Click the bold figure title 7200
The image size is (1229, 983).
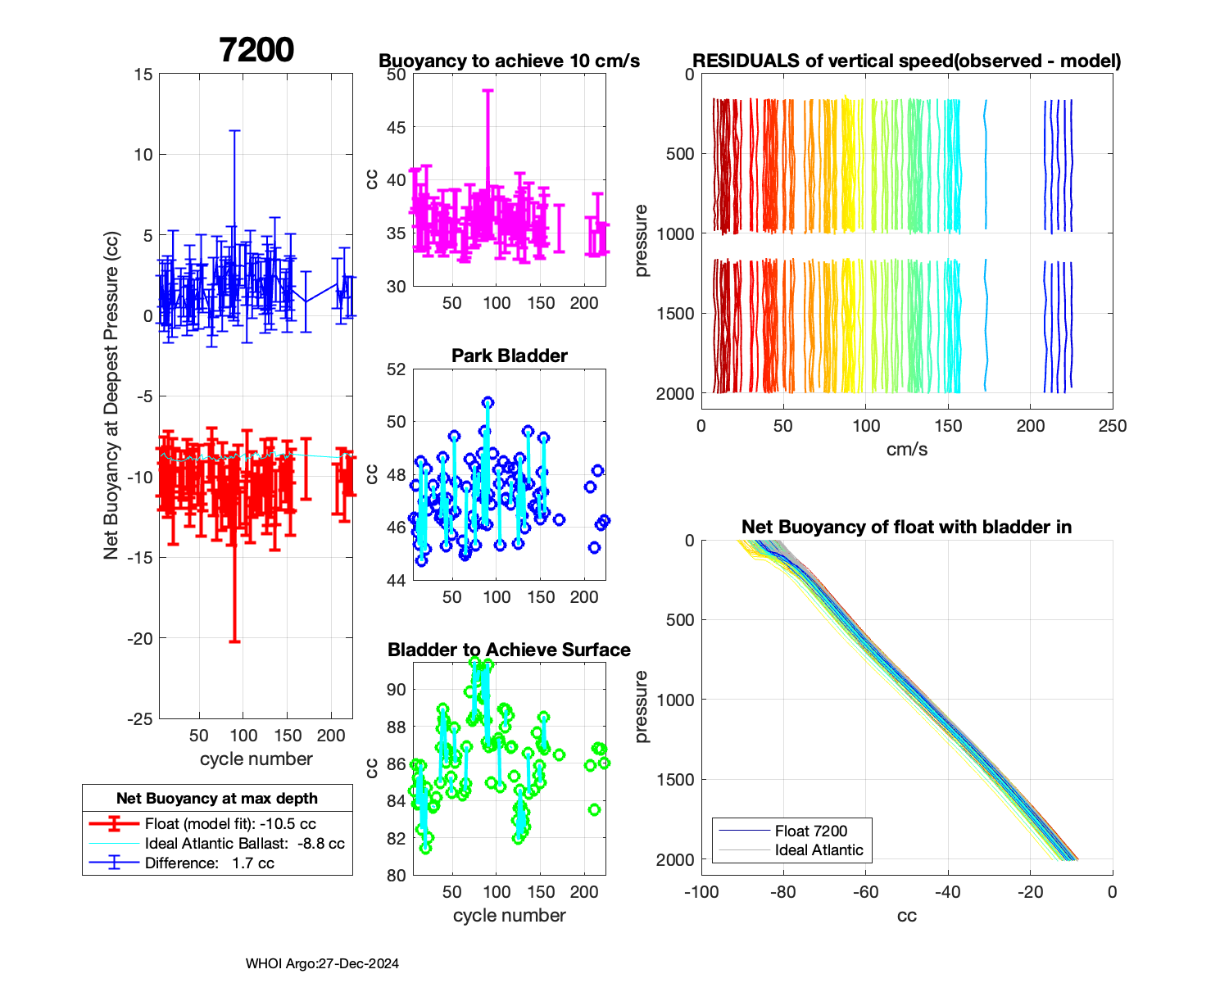point(256,50)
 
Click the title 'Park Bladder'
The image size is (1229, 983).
point(510,356)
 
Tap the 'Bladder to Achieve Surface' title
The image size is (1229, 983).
point(509,650)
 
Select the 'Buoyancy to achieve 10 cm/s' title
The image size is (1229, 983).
point(509,61)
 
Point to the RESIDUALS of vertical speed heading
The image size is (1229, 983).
point(906,61)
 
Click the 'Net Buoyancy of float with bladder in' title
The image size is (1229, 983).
point(906,527)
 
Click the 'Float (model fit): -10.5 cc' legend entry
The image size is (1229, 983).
point(230,824)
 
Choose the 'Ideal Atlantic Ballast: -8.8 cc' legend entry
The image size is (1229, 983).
point(244,844)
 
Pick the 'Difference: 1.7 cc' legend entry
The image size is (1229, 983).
point(209,863)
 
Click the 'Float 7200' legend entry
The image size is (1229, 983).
point(810,831)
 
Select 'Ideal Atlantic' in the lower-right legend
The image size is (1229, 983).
point(819,850)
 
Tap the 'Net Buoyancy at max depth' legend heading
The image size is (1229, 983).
point(217,798)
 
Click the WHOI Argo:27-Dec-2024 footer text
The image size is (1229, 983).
point(322,963)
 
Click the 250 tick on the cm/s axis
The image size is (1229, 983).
point(1112,426)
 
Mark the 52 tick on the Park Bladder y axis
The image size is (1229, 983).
point(397,369)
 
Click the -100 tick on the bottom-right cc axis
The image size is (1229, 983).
point(701,892)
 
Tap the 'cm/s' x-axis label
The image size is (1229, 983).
point(906,449)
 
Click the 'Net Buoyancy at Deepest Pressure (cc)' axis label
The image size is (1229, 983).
point(111,396)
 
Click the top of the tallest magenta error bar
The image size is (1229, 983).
point(488,91)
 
